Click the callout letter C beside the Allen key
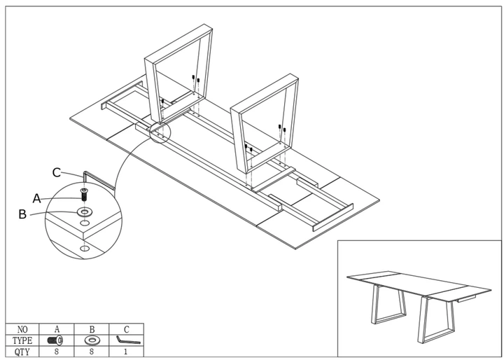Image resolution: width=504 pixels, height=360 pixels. coord(57,173)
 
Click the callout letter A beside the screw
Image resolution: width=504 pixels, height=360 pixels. coord(37,198)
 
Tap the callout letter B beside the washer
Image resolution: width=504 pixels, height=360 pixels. coord(22,214)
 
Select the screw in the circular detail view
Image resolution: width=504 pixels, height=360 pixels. coord(84,195)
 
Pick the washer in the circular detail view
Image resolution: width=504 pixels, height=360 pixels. coord(84,212)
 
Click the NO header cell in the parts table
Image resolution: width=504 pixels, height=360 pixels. coord(22,329)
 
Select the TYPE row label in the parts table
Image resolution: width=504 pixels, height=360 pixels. coord(22,340)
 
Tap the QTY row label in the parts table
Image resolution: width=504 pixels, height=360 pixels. coord(22,352)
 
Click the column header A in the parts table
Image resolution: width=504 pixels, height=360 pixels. coord(57,329)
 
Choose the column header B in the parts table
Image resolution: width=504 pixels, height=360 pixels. coord(92,329)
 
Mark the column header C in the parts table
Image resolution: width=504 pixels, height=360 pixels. coord(126,329)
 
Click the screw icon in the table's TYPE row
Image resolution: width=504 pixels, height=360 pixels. coord(55,340)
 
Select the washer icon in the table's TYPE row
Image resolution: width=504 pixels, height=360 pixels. coord(92,340)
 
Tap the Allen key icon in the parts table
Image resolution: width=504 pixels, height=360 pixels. coord(128,340)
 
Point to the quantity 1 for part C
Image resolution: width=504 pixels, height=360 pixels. coord(126,352)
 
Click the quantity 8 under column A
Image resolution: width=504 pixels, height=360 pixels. coord(57,352)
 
